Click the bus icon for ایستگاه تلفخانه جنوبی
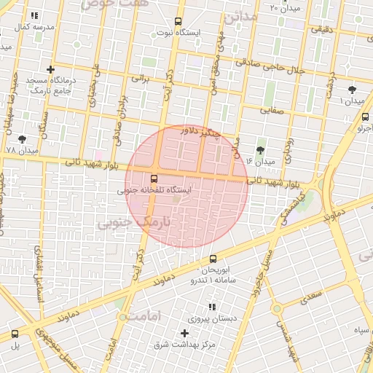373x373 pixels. pyautogui.click(x=154, y=178)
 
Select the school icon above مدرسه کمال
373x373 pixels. pyautogui.click(x=34, y=15)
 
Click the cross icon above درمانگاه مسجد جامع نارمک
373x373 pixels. pyautogui.click(x=50, y=69)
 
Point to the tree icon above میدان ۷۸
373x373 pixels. pyautogui.click(x=22, y=138)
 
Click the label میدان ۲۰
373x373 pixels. pyautogui.click(x=284, y=8)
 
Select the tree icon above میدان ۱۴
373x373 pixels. pyautogui.click(x=260, y=150)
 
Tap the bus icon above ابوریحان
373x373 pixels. pyautogui.click(x=213, y=259)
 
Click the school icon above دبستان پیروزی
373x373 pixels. pyautogui.click(x=212, y=307)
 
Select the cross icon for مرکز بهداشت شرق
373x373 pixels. pyautogui.click(x=184, y=333)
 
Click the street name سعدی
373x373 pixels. pyautogui.click(x=310, y=297)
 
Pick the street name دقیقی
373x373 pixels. pyautogui.click(x=321, y=30)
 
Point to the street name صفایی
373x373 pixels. pyautogui.click(x=275, y=111)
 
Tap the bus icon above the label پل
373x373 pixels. pyautogui.click(x=15, y=334)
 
